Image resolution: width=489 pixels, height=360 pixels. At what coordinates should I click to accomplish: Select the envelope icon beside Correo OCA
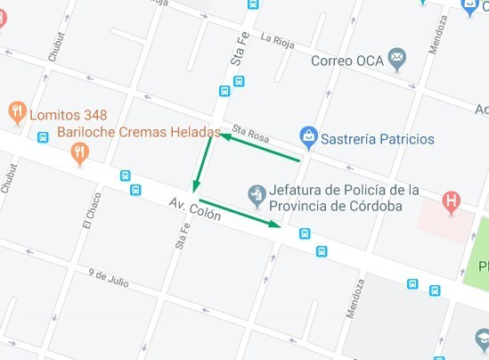pyautogui.click(x=397, y=60)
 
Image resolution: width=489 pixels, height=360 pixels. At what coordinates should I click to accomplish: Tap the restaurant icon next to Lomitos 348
pyautogui.click(x=17, y=112)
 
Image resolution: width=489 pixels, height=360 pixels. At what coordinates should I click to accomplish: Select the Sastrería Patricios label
pyautogui.click(x=379, y=139)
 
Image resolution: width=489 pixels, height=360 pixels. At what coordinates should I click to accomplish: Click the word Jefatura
pyautogui.click(x=300, y=190)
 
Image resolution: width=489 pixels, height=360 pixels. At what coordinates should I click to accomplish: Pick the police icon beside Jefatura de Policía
pyautogui.click(x=257, y=193)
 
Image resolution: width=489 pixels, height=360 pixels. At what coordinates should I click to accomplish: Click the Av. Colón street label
pyautogui.click(x=194, y=210)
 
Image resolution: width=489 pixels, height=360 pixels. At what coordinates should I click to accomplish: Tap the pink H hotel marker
pyautogui.click(x=452, y=200)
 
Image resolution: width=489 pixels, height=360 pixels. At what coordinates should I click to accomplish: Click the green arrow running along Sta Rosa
pyautogui.click(x=259, y=148)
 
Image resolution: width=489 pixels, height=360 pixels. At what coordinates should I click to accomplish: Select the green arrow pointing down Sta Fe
pyautogui.click(x=202, y=166)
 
